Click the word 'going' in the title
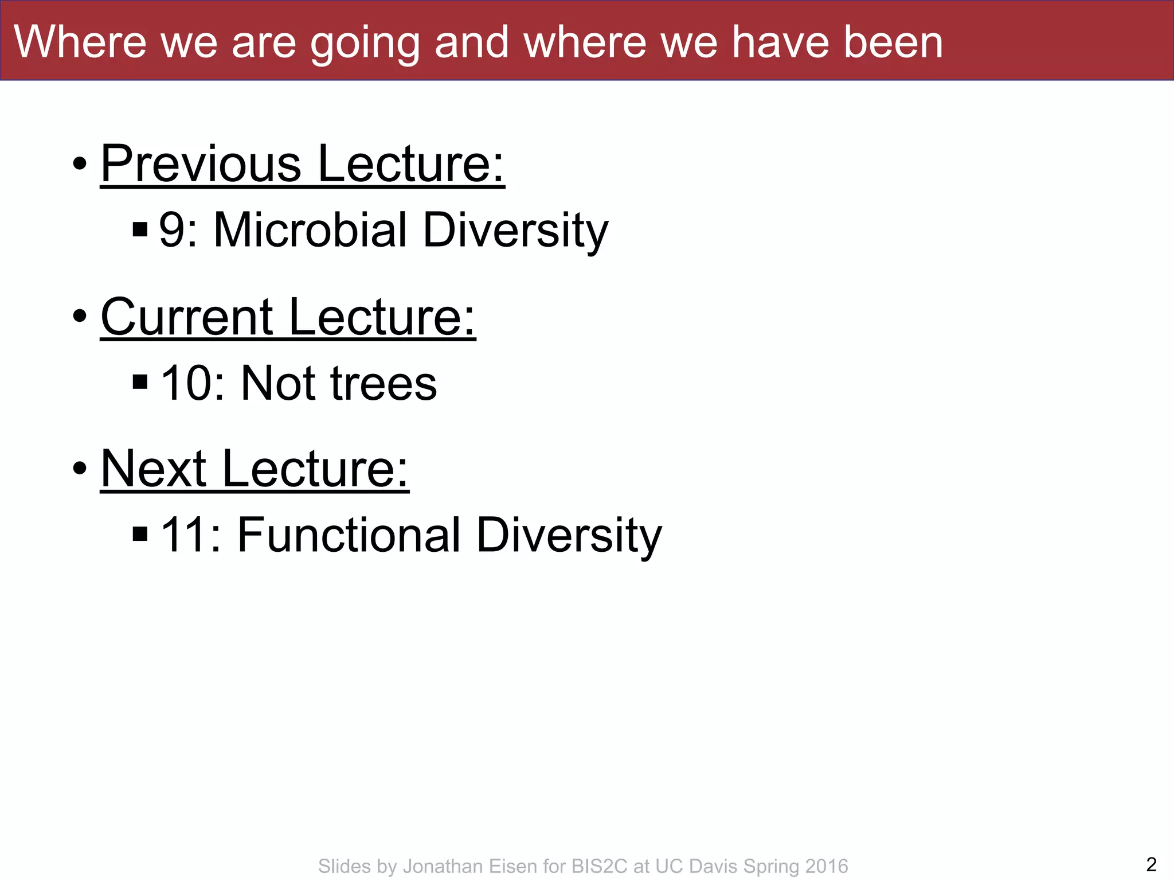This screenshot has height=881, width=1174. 365,44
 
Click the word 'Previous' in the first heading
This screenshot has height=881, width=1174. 201,164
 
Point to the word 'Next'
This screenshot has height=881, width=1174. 153,469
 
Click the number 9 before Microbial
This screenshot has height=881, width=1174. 171,230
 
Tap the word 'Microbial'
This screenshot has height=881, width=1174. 310,230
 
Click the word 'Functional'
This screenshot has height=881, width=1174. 349,535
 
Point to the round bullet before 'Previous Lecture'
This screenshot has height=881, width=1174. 80,164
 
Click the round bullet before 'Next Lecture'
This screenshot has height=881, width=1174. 80,469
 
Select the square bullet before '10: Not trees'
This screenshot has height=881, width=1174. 140,381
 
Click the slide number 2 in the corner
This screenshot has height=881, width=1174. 1151,864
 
